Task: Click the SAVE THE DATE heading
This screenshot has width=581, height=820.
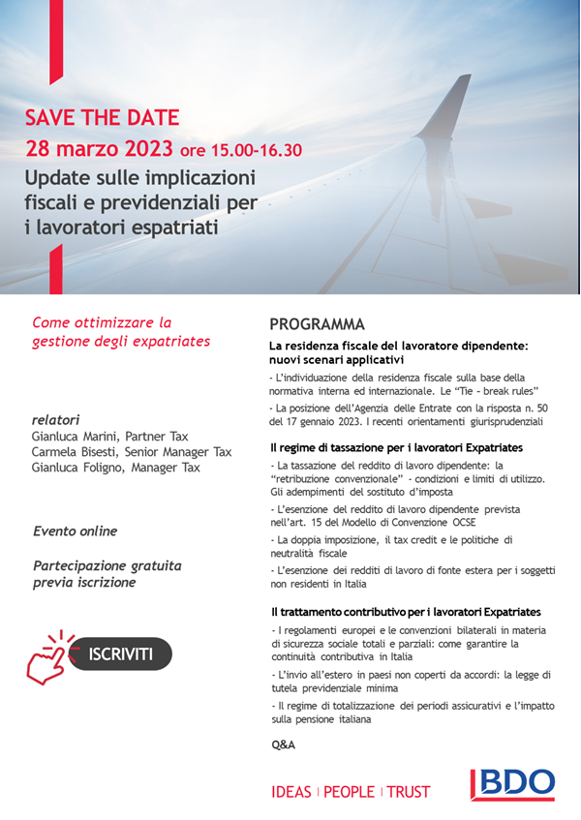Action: [x=103, y=118]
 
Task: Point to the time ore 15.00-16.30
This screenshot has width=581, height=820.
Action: [x=240, y=150]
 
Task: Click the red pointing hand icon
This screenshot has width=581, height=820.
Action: [x=47, y=655]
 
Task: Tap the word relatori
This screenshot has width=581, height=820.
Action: [x=55, y=420]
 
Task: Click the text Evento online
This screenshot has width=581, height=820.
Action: [x=75, y=531]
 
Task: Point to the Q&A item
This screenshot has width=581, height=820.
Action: [x=283, y=744]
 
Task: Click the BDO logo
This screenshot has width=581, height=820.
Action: [x=512, y=784]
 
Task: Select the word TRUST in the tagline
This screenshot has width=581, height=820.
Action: [x=409, y=792]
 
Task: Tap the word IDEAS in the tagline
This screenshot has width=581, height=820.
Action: [x=291, y=792]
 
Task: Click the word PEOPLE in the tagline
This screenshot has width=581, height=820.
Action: [x=349, y=792]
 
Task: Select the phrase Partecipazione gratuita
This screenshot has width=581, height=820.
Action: [x=107, y=565]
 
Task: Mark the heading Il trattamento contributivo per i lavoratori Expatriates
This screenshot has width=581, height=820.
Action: [x=405, y=612]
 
